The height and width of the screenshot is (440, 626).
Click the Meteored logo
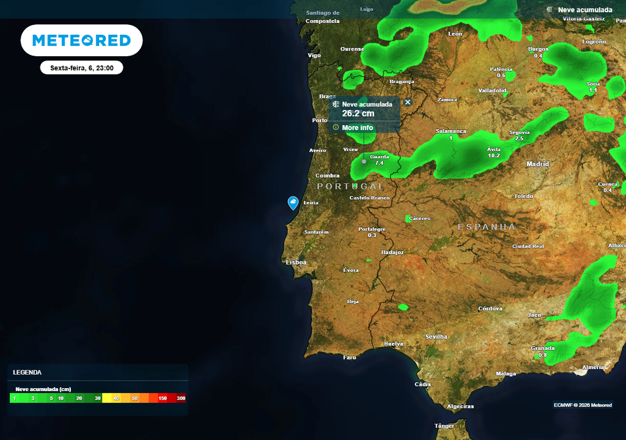click(x=81, y=41)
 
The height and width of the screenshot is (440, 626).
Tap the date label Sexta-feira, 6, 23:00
click(x=82, y=68)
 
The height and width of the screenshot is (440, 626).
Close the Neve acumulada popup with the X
click(x=408, y=103)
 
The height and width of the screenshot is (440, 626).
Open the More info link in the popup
click(x=357, y=128)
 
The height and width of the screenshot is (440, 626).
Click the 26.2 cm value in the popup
click(x=358, y=114)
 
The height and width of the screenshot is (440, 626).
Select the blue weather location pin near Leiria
click(x=293, y=203)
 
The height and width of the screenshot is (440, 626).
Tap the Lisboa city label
click(x=296, y=263)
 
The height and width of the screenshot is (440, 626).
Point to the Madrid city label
click(x=538, y=164)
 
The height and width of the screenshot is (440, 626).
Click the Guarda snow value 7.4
click(x=379, y=163)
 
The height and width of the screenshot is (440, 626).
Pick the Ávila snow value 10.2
click(x=494, y=156)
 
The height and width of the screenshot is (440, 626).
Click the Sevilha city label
click(x=436, y=337)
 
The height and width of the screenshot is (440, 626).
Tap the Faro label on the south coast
click(x=350, y=358)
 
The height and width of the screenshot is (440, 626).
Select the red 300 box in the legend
click(x=180, y=398)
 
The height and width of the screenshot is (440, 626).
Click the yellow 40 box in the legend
click(x=116, y=398)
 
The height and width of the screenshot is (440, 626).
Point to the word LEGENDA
click(x=28, y=372)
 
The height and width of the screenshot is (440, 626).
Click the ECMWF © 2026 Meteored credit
click(x=583, y=405)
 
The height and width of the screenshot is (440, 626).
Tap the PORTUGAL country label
click(x=351, y=186)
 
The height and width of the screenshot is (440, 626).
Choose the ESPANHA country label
click(x=487, y=227)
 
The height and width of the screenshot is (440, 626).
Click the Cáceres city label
click(x=419, y=218)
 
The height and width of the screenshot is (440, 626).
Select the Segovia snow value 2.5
click(x=519, y=139)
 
